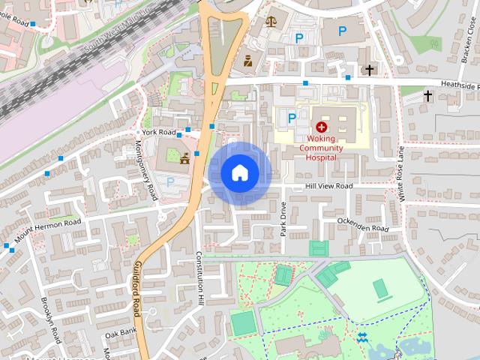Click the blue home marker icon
pos(240,173)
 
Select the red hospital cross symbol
pos(322,127)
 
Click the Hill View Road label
pos(328,186)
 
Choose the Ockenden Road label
pos(363,224)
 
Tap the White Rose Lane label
pos(401,173)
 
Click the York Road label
pos(158,132)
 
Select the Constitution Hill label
pos(200,278)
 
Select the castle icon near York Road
pos(184,158)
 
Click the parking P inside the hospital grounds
pos(292,117)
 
